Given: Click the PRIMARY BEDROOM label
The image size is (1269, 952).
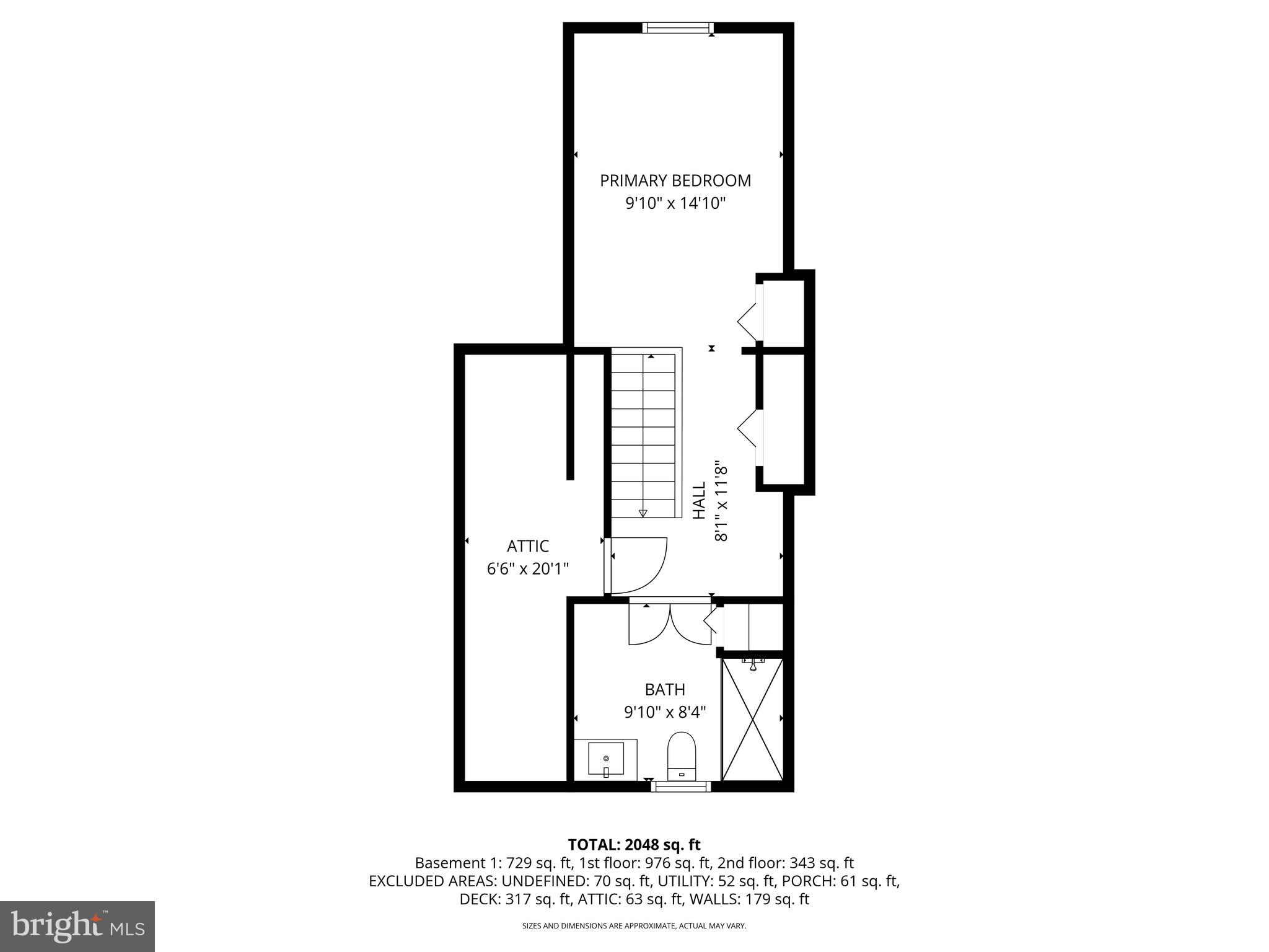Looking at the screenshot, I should point(675,180).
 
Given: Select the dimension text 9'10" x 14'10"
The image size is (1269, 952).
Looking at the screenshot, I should point(675,203).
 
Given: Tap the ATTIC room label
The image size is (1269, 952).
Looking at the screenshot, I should point(527,546).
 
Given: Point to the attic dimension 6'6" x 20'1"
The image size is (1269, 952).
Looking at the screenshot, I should point(527,568).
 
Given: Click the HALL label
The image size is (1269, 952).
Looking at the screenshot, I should point(699,501).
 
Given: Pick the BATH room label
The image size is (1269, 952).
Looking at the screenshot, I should point(664,689).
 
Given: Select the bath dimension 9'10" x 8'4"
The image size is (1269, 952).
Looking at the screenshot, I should point(664,712).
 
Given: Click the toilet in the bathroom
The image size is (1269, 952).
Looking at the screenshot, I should point(682,756).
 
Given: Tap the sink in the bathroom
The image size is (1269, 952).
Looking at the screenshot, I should point(605,759).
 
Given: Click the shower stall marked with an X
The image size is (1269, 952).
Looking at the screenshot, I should point(752,719).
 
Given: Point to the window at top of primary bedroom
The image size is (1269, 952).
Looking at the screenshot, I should point(678,28).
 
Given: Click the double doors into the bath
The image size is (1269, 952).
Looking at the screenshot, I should point(670,623).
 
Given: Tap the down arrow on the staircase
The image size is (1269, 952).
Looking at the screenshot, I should point(643,513).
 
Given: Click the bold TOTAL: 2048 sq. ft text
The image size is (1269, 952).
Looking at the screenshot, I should point(634,844).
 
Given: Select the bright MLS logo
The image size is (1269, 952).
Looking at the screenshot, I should point(77,926).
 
